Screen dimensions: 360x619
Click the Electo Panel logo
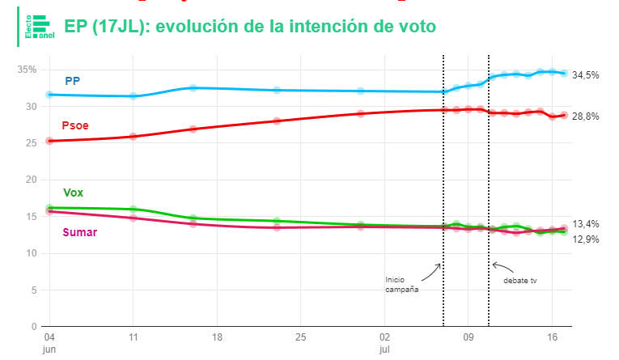click(38, 27)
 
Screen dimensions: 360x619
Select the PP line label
click(73, 81)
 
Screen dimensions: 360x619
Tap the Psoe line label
click(75, 125)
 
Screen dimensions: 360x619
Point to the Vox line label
click(73, 193)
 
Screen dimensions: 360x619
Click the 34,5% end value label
click(585, 74)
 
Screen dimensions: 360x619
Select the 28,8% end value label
click(585, 116)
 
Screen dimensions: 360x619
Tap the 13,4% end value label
click(585, 224)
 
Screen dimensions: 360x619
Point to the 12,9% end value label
click(585, 239)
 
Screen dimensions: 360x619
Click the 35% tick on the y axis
click(27, 70)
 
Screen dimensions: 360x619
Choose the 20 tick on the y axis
click(32, 180)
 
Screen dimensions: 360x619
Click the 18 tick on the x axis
click(216, 337)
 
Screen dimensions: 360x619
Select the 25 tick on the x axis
click(300, 337)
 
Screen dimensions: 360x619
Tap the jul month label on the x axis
click(384, 349)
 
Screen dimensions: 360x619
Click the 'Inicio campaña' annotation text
click(402, 284)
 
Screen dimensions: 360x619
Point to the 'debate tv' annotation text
click(520, 281)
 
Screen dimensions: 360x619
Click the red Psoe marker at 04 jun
click(49, 141)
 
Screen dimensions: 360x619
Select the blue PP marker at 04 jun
click(49, 95)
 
